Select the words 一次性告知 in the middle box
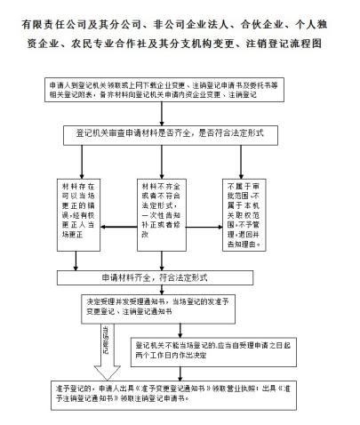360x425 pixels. [161, 213]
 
